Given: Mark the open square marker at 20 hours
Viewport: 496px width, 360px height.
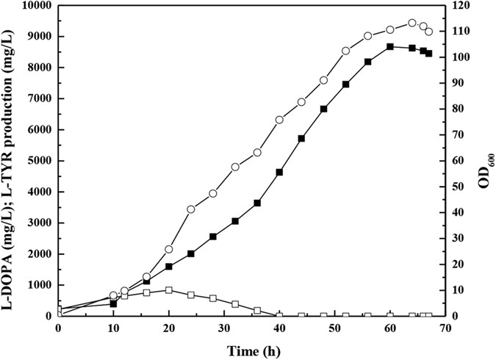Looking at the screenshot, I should [x=169, y=290].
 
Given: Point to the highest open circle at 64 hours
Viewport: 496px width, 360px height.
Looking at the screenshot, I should [x=411, y=23].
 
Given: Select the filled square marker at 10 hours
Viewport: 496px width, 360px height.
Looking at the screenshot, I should [x=114, y=303].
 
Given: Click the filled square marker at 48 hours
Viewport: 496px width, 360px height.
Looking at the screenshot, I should [x=323, y=109].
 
